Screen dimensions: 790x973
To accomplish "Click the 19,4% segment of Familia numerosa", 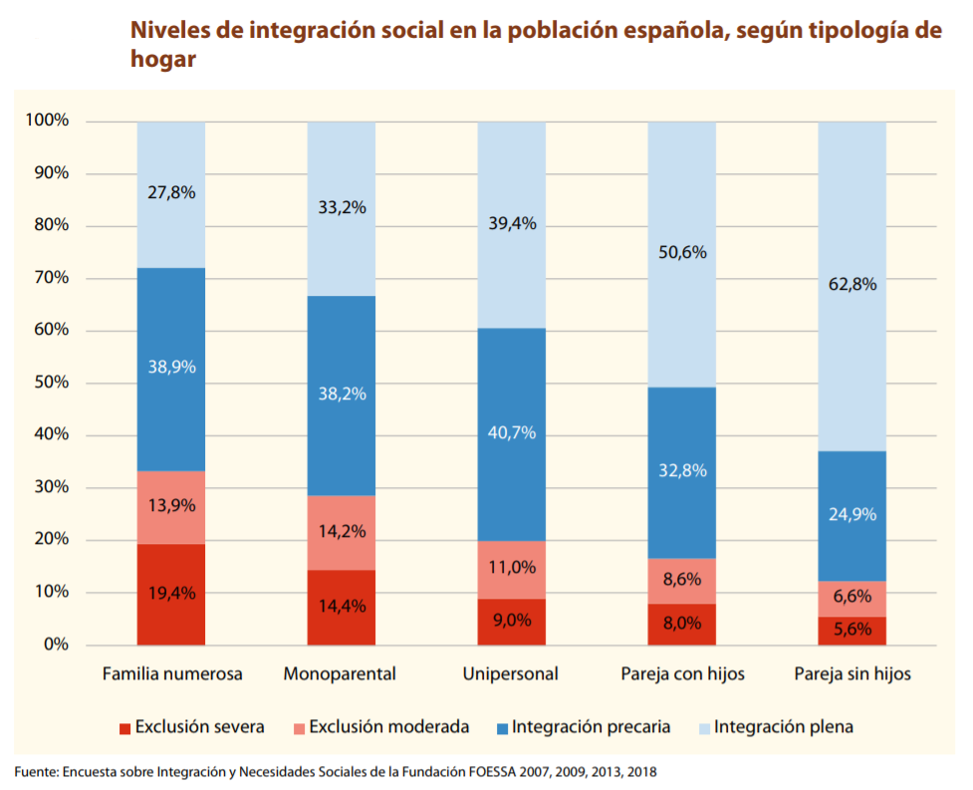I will coord(171,594).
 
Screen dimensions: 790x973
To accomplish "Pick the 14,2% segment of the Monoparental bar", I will coord(342,532).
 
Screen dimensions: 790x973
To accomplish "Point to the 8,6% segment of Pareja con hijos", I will coord(682,580).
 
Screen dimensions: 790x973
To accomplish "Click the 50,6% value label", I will coord(682,253).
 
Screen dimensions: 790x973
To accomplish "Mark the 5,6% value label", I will coord(852,629).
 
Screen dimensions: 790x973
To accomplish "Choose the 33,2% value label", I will coord(342,208).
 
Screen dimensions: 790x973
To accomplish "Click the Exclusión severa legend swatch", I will coord(124,728).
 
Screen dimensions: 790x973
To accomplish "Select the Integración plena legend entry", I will coord(783,727).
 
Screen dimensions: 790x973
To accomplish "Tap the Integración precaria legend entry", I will coord(591,727).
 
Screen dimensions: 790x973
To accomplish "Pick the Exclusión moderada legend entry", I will coord(388,727).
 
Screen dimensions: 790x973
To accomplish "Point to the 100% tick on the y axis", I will coord(48,122).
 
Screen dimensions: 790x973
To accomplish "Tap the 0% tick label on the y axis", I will coord(56,645).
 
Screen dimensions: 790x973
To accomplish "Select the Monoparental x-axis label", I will coord(340,674).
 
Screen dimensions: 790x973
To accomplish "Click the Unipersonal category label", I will coord(510,674).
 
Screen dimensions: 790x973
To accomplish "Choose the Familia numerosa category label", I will coord(172,674).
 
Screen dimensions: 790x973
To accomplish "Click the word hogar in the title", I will coord(162,59).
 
